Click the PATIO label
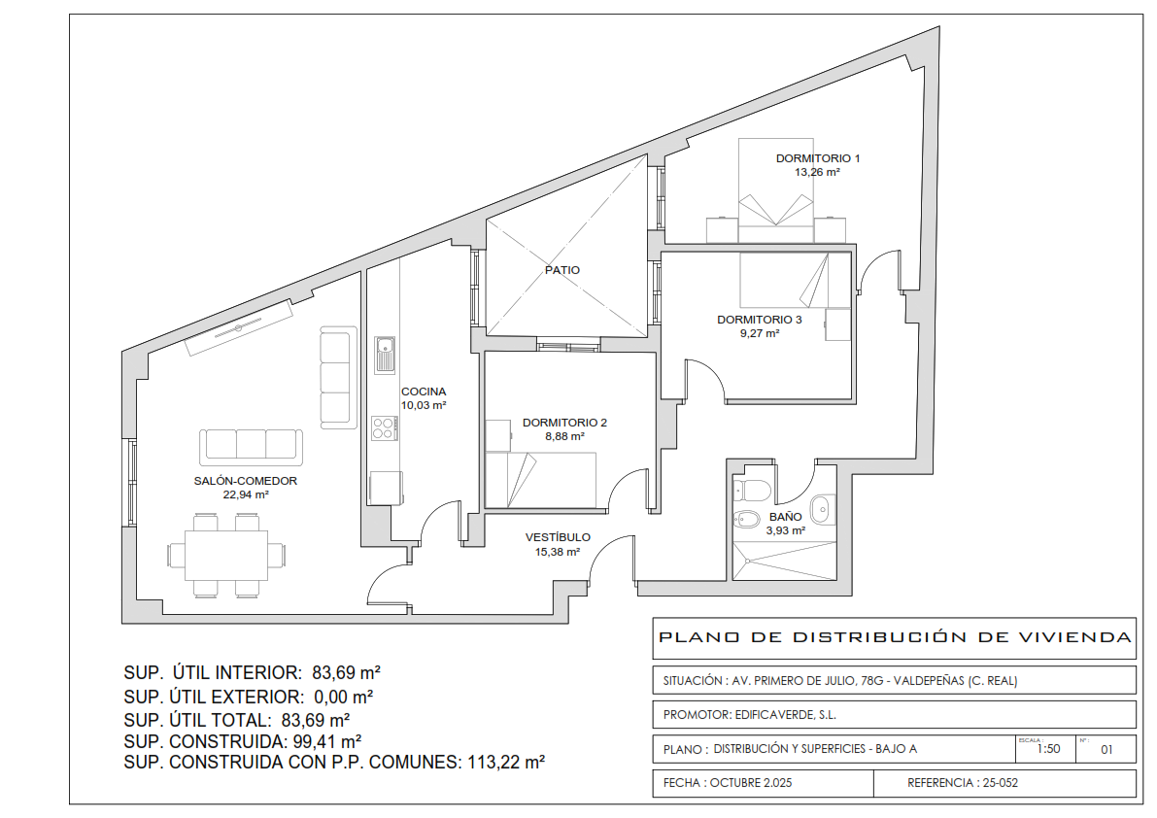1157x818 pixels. tap(562, 270)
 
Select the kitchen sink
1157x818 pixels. tap(385, 355)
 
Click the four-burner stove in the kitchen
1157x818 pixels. tap(384, 428)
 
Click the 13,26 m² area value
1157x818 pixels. tap(818, 172)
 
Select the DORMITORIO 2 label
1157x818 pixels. tap(564, 423)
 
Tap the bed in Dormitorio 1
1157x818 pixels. tap(776, 190)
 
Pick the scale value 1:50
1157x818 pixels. tap(1048, 749)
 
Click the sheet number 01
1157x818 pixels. tap(1106, 749)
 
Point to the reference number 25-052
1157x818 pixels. tap(1000, 783)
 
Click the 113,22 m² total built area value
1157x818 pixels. tap(506, 762)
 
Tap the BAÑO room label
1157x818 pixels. tap(786, 517)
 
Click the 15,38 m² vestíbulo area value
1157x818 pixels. tap(557, 551)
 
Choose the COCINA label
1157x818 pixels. tap(424, 392)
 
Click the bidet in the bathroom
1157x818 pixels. tap(747, 520)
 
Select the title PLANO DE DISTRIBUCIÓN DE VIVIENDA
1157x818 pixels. tap(895, 637)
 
